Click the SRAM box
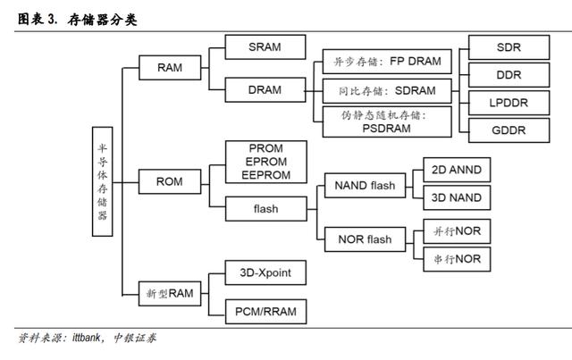(x=265, y=47)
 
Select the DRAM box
(x=265, y=89)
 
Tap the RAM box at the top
(x=170, y=68)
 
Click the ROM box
(x=170, y=181)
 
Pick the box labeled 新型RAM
(x=170, y=293)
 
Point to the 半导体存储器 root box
(x=102, y=181)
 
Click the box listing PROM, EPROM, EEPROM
(x=266, y=162)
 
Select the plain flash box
(x=266, y=209)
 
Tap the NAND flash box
(x=365, y=185)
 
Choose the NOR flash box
(x=365, y=239)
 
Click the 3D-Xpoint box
(x=265, y=272)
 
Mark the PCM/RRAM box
(x=266, y=312)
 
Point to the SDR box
(x=509, y=47)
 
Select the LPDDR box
(x=509, y=103)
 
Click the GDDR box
(x=509, y=130)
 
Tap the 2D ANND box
(x=457, y=170)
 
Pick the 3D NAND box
(x=457, y=197)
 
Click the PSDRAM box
(x=387, y=121)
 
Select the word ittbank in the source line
(x=86, y=338)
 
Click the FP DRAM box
(x=387, y=62)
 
